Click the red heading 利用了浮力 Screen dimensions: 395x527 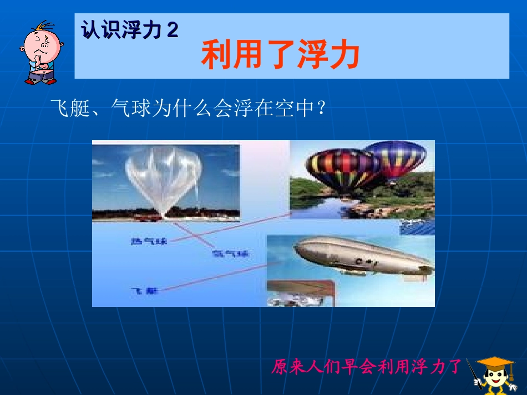click(x=281, y=56)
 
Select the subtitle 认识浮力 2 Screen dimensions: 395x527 click(x=130, y=30)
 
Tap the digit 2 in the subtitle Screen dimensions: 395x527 click(x=173, y=30)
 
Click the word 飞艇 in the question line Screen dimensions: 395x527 click(x=65, y=107)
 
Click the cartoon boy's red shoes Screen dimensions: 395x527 click(x=40, y=81)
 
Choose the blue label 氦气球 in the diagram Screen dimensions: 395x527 click(x=230, y=254)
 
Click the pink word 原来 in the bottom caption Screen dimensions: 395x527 click(x=286, y=367)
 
